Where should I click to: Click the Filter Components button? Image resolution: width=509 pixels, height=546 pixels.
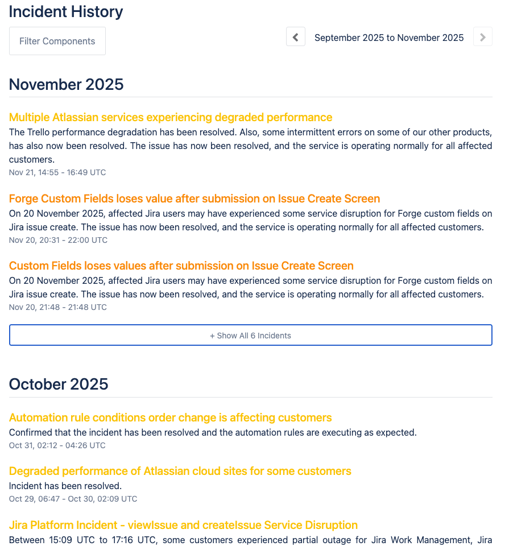57,41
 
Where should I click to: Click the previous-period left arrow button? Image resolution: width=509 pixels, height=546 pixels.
296,37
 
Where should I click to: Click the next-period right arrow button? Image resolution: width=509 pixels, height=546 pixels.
482,37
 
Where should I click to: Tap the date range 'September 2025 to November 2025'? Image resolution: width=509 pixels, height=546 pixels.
389,38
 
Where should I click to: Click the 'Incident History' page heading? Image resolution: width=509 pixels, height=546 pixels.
66,11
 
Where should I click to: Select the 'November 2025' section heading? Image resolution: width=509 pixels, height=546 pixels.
67,84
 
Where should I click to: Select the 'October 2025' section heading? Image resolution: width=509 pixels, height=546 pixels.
59,384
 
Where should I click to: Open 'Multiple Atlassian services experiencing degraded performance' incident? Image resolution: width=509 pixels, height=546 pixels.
171,117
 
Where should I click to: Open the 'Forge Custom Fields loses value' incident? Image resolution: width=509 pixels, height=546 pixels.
195,198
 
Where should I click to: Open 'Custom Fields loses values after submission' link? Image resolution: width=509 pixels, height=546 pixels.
181,266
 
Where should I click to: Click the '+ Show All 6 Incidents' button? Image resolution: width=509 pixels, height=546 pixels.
250,336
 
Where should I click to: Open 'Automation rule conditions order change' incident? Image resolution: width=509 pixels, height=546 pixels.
171,417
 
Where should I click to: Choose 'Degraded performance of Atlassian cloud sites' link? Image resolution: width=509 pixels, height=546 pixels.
180,471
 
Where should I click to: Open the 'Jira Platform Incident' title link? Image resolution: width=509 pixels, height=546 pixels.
183,525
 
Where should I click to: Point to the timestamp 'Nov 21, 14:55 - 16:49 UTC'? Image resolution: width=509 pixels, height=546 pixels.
57,172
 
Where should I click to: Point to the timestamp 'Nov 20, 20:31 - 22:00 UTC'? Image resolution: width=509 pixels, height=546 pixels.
58,240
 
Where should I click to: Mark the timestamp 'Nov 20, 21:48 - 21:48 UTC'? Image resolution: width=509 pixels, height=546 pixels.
58,307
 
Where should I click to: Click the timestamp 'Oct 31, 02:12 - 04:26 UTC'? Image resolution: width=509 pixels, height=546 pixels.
57,445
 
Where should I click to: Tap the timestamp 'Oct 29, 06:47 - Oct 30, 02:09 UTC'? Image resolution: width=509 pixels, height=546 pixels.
73,499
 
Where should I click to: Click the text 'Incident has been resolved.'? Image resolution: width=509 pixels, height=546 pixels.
65,486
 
